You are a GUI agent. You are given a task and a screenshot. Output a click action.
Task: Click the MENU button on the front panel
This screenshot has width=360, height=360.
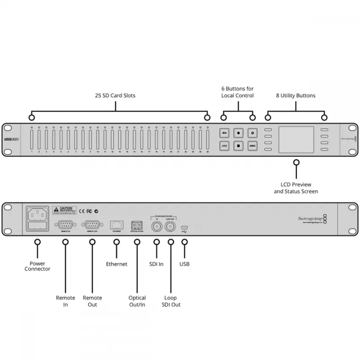tap(252, 146)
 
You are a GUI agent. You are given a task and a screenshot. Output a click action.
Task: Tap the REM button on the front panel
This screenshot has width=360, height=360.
tap(225, 133)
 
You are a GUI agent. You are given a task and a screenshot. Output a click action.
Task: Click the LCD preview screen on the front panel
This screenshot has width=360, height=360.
tap(296, 139)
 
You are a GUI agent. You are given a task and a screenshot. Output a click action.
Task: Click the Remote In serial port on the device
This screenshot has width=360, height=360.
tap(65, 225)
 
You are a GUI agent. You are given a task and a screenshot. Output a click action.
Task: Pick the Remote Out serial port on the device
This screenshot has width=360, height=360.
tap(92, 225)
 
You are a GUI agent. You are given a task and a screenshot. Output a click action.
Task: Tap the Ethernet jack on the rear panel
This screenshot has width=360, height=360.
tap(117, 225)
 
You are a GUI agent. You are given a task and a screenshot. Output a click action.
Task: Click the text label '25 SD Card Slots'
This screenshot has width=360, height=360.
tap(115, 95)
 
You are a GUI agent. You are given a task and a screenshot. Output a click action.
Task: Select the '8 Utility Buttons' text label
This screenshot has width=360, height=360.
tap(296, 95)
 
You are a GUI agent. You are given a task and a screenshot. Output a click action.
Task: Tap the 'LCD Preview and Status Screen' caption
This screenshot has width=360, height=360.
tap(296, 188)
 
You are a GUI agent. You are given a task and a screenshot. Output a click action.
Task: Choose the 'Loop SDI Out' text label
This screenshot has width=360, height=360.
tap(171, 301)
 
